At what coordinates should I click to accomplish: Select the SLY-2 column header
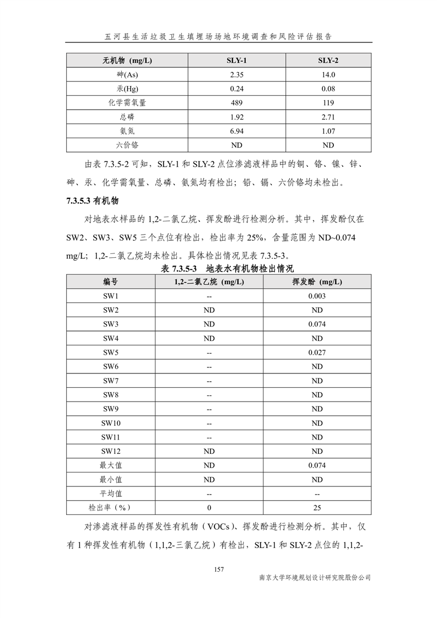[328, 60]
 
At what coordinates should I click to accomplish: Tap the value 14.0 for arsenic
[328, 74]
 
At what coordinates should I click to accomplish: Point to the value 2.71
[328, 117]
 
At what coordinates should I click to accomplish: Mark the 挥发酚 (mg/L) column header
[317, 282]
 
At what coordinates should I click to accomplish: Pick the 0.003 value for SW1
[317, 296]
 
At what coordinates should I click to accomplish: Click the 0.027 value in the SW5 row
[317, 353]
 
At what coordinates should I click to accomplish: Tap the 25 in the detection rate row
[317, 507]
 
